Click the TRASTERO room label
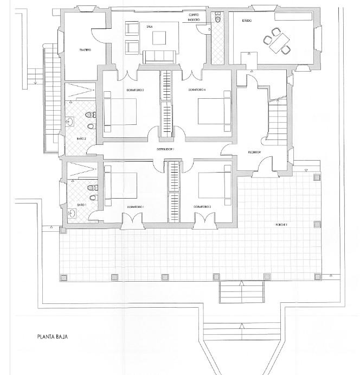pyautogui.click(x=85, y=50)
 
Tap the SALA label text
pyautogui.click(x=149, y=26)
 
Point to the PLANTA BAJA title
pyautogui.click(x=53, y=336)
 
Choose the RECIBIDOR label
pyautogui.click(x=254, y=152)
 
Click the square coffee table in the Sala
pyautogui.click(x=159, y=37)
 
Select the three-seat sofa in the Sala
pyautogui.click(x=159, y=55)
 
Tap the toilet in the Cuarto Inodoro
pyautogui.click(x=217, y=20)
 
